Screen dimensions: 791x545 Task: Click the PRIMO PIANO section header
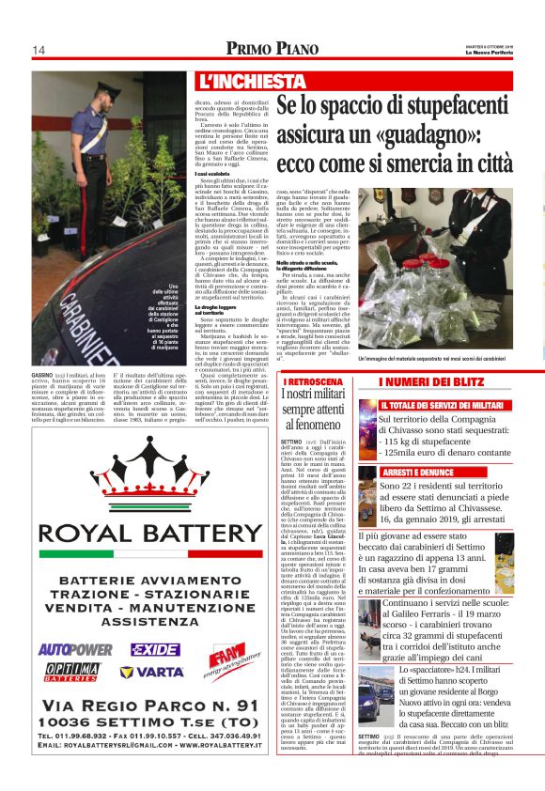[x=272, y=48]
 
